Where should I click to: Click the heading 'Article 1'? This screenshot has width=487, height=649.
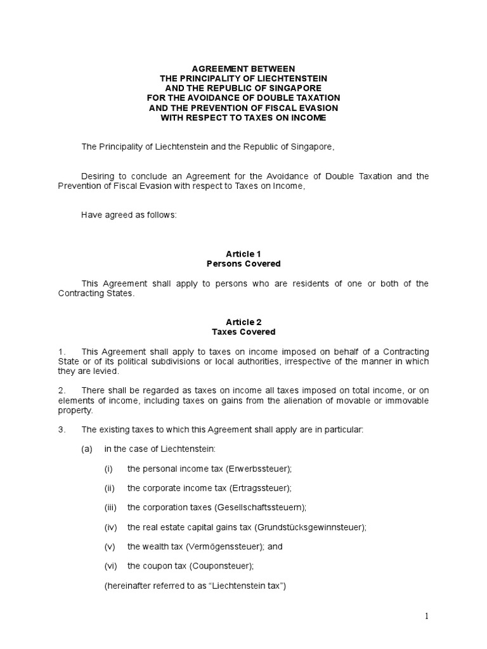click(243, 254)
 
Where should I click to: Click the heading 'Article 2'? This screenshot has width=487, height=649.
click(243, 322)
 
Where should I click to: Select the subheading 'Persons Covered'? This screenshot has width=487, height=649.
click(243, 264)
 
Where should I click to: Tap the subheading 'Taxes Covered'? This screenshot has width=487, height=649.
click(243, 331)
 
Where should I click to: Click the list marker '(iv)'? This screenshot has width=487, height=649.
click(111, 527)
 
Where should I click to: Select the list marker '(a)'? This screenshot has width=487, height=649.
click(87, 449)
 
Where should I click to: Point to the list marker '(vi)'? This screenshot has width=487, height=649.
click(111, 567)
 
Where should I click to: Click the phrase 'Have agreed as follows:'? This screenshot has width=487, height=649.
click(129, 215)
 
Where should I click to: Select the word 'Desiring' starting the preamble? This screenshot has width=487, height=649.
click(98, 176)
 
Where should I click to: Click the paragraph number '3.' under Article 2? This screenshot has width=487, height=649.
click(62, 430)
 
